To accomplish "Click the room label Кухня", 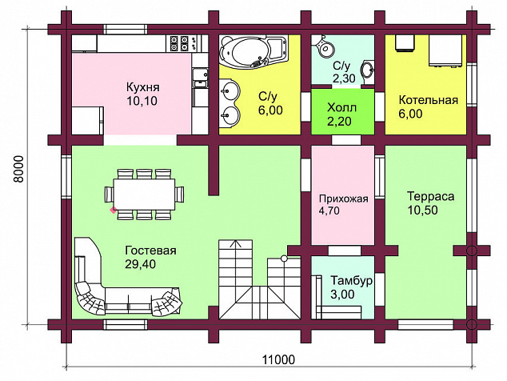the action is (x=142, y=87).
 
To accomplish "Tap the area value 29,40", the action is (x=140, y=264).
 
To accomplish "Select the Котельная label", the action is (x=429, y=100).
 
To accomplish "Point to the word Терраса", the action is (x=430, y=196).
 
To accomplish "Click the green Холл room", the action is (x=343, y=111).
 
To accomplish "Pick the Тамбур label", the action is (x=352, y=280).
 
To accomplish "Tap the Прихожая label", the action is (x=343, y=199).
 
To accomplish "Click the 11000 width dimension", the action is (x=278, y=359).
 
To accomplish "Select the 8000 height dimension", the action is (x=19, y=169).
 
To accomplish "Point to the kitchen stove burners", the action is (x=180, y=43).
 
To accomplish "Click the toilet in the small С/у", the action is (x=323, y=46).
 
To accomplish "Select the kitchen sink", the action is (x=201, y=78).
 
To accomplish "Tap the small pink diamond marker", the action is (x=114, y=210).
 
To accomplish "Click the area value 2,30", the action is (x=344, y=78).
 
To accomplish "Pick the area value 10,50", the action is (x=422, y=210).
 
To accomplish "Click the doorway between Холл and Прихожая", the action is (x=346, y=140).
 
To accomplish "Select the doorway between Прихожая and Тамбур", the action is (x=345, y=251).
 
